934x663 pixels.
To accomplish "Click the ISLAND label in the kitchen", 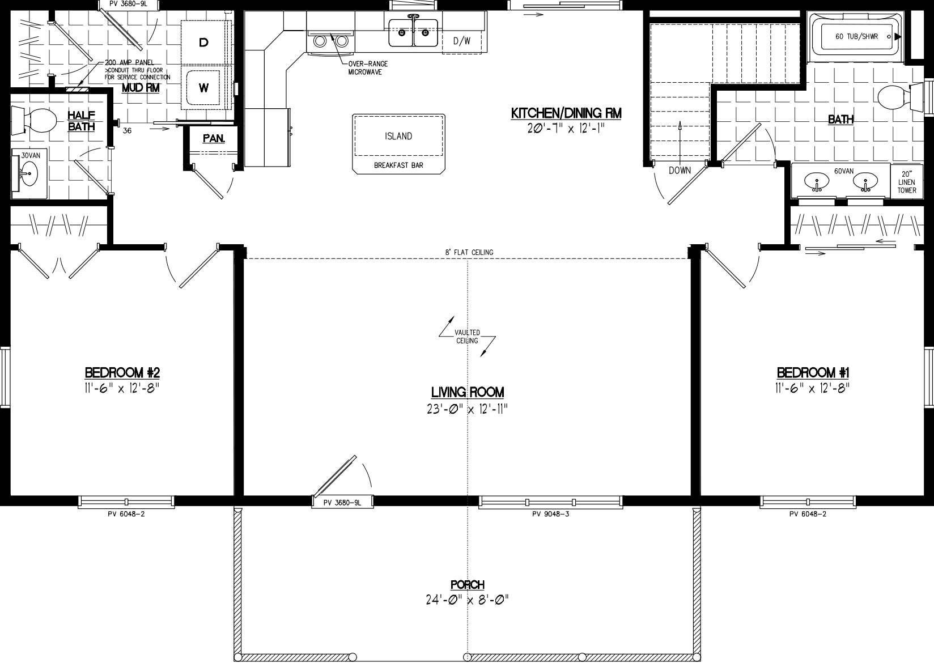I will [398, 137].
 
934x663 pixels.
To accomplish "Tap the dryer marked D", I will [204, 42].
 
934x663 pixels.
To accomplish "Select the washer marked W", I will [204, 88].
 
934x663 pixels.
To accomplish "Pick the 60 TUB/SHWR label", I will [856, 36].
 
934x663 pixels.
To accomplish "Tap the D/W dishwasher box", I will [462, 41].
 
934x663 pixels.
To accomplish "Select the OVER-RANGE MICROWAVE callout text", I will [364, 68].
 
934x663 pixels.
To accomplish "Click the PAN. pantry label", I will [214, 138].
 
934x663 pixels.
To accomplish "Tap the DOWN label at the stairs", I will [680, 171].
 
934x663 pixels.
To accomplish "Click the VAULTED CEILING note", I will [467, 337].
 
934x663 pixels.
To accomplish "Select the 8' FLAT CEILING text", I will [468, 252].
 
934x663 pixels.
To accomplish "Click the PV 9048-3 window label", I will [550, 515].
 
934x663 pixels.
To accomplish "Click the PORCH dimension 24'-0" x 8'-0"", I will [468, 600].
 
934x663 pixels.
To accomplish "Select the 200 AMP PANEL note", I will [130, 62].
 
